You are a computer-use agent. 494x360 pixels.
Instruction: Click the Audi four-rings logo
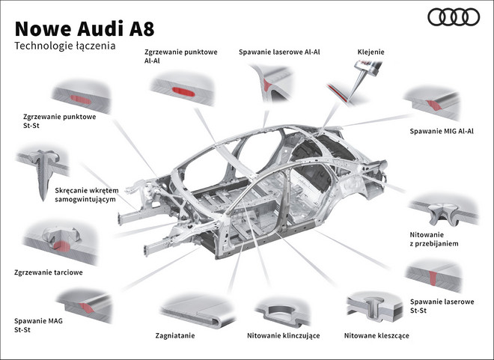tap(453, 17)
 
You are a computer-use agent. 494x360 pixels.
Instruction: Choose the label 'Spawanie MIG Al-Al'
tap(442, 131)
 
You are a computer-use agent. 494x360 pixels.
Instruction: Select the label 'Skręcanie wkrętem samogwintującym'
tap(87, 196)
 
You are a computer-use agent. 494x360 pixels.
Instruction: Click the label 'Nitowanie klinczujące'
tap(283, 335)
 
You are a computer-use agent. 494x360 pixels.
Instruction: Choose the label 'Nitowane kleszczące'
tap(376, 335)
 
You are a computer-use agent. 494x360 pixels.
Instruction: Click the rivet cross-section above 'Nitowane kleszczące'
tap(375, 306)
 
